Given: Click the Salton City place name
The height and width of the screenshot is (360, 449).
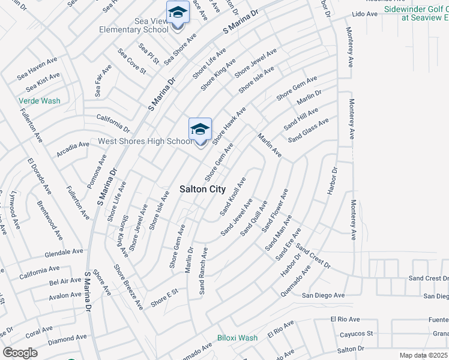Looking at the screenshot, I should tap(203, 189).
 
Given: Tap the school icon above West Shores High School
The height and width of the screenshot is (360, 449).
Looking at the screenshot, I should tap(200, 130).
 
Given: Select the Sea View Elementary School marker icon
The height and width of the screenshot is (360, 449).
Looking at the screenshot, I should tap(178, 13).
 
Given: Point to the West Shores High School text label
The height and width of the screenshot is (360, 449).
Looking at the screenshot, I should tap(145, 142).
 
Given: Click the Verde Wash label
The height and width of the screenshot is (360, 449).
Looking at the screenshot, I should tap(40, 101).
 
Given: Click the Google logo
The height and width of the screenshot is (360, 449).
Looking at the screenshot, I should tap(20, 353).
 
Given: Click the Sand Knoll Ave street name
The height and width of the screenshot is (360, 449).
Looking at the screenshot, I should tap(233, 196).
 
